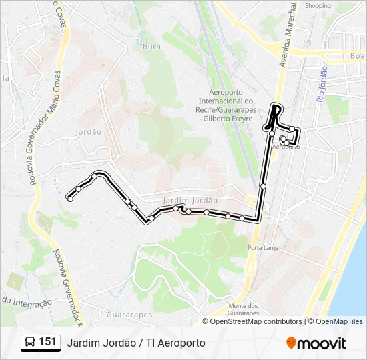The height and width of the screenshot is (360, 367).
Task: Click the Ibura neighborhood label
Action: coord(150,47)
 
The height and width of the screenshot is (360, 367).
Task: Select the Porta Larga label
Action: coord(262,248)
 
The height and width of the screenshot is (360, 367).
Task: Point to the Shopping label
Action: coord(318,5)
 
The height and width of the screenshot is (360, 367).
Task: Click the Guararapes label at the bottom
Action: coord(129,314)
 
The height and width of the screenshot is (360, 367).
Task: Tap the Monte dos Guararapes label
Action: coord(243,309)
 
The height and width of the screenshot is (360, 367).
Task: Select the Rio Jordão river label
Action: coord(322,83)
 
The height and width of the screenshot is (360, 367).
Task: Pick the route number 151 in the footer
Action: coord(47,342)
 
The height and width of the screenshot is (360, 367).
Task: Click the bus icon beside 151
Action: coord(30,343)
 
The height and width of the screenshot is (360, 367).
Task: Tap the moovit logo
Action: coord(316,343)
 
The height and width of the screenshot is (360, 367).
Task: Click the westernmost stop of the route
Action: coord(70,199)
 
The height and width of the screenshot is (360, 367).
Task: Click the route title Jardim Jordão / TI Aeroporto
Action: coord(136,343)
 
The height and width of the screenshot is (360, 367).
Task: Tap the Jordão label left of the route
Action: coord(89,132)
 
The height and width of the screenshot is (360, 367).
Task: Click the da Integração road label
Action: coord(27,301)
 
